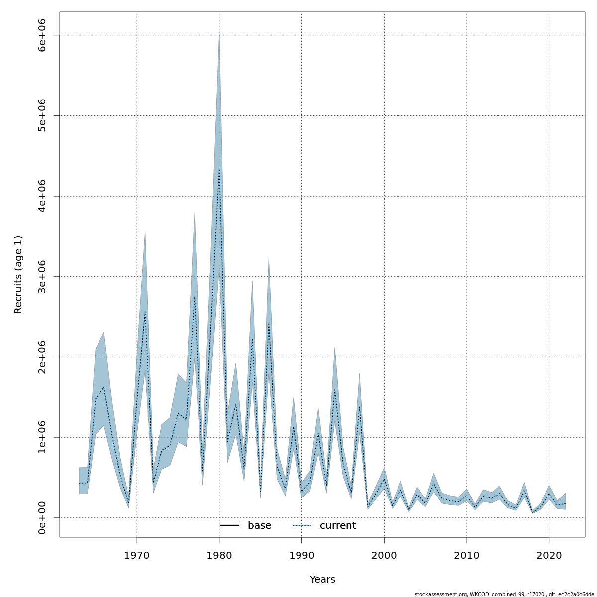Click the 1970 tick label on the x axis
137,555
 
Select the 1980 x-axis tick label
219,555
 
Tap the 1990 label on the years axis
301,555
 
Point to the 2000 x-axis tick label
384,555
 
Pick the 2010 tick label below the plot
466,555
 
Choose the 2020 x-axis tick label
549,555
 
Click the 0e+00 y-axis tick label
42,518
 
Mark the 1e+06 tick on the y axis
42,437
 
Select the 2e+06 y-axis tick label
42,357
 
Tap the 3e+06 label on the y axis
42,277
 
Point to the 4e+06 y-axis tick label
42,196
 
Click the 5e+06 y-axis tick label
42,115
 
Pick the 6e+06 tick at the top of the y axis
42,35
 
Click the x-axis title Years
322,580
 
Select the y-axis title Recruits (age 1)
18,275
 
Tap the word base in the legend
259,526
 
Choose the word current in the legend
338,526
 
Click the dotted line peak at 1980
219,170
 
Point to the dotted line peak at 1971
145,312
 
